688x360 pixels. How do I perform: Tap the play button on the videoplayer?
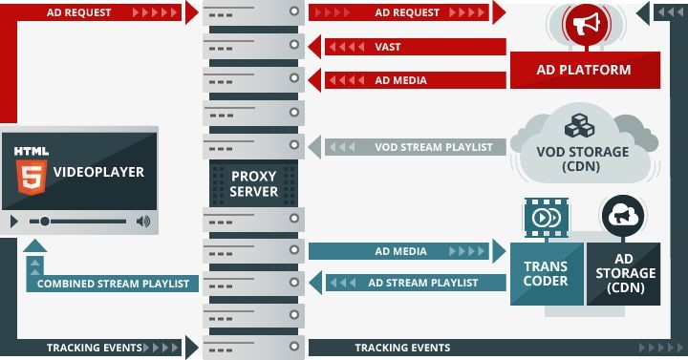click(x=13, y=222)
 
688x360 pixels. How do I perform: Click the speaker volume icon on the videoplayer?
click(x=142, y=222)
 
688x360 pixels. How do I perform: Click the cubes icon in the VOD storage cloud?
click(x=579, y=127)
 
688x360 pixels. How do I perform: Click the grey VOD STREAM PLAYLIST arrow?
click(x=411, y=147)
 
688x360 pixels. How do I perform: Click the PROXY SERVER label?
click(x=253, y=183)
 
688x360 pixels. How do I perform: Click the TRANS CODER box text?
click(x=546, y=273)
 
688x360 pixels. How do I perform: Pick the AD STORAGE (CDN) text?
click(x=623, y=273)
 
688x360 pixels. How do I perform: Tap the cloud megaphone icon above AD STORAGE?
click(x=621, y=215)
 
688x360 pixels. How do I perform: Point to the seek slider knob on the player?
click(x=45, y=222)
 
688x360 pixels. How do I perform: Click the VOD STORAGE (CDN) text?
click(x=582, y=159)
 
